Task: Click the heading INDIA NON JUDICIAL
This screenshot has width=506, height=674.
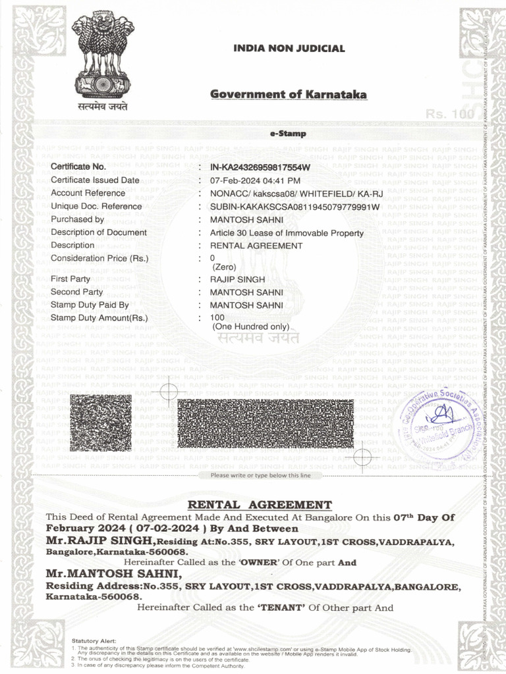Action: click(x=289, y=49)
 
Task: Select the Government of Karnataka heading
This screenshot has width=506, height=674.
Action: click(x=289, y=95)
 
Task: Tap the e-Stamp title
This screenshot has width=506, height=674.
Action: click(x=284, y=134)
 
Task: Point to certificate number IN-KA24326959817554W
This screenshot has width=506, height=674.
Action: click(x=260, y=167)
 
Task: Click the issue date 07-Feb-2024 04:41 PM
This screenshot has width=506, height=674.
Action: click(x=255, y=180)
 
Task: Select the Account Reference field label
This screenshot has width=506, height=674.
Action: click(x=88, y=193)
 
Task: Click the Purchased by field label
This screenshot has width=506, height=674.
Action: click(x=77, y=219)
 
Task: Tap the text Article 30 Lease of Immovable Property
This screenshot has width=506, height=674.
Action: click(x=287, y=233)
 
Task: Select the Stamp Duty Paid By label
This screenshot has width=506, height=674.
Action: click(x=90, y=305)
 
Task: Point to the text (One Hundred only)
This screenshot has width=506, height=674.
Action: click(x=250, y=326)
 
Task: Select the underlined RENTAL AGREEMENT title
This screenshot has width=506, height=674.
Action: click(x=260, y=505)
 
